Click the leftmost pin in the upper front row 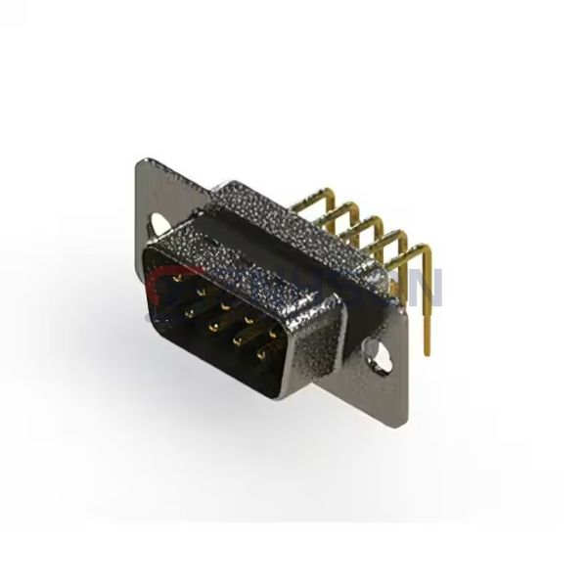[176, 278]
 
